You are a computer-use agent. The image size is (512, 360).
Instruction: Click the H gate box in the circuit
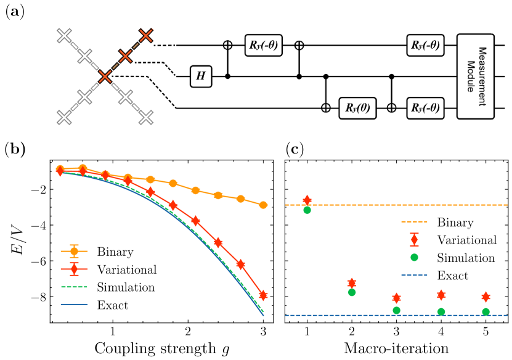(x=201, y=76)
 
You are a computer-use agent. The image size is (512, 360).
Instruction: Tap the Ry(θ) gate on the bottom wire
(x=358, y=107)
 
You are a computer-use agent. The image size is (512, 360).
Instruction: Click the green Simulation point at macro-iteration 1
(x=307, y=210)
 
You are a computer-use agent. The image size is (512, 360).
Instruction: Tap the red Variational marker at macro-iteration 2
(x=352, y=283)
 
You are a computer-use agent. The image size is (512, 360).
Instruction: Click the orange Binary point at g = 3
(x=263, y=205)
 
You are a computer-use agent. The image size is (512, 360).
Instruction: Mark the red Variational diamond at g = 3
(x=263, y=295)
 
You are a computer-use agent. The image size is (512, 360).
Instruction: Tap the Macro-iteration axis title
(x=396, y=348)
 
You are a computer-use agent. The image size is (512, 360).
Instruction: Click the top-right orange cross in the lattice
(x=146, y=36)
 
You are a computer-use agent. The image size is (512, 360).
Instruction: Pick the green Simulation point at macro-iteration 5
(x=486, y=312)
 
